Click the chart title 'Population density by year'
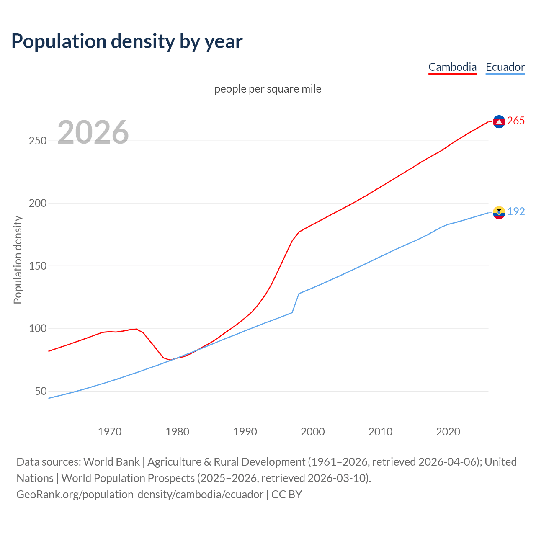[127, 41]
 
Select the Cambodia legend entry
[452, 67]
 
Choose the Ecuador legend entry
[505, 67]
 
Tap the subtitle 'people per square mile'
[268, 89]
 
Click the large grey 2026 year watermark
[93, 132]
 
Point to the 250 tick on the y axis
[37, 141]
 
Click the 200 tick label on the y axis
[37, 204]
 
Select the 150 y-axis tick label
[37, 266]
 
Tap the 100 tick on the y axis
[37, 329]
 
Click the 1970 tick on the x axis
[110, 432]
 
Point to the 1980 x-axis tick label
[178, 432]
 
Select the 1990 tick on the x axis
[245, 432]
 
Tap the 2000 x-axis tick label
[313, 432]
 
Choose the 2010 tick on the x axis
[380, 432]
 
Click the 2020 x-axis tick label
[448, 432]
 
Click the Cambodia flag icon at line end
[499, 121]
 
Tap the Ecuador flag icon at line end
[499, 212]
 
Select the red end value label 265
[516, 121]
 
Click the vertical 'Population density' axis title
[18, 260]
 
